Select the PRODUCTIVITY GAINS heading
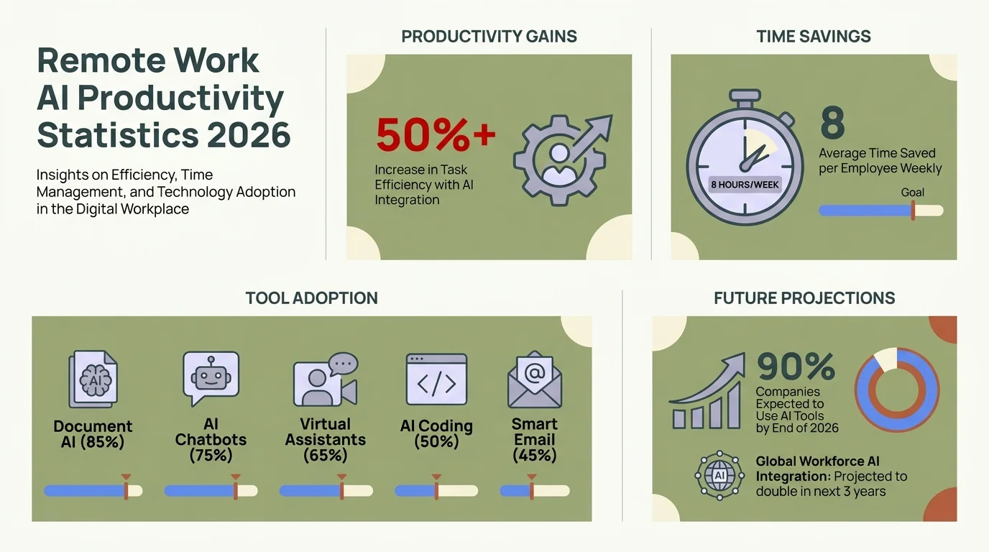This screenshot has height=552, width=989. click(x=489, y=37)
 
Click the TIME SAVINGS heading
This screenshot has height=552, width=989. click(x=814, y=37)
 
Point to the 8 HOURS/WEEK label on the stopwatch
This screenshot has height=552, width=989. click(x=745, y=184)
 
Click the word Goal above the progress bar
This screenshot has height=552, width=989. click(x=912, y=193)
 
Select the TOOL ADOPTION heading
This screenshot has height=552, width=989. click(x=311, y=298)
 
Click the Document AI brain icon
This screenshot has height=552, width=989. click(x=93, y=379)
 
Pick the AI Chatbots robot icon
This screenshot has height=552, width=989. click(x=211, y=378)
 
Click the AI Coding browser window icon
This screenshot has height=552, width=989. click(x=436, y=379)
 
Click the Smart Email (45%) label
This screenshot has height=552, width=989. click(x=534, y=439)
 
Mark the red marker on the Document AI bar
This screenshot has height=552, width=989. click(x=126, y=489)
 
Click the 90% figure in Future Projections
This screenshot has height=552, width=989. click(x=796, y=367)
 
